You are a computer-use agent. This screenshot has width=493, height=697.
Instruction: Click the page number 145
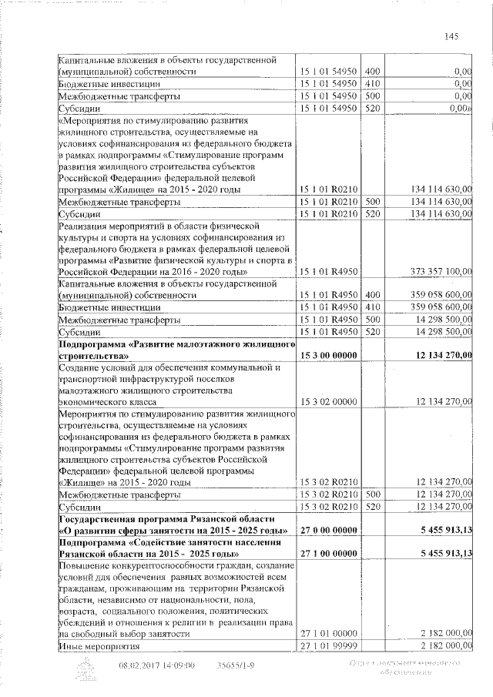452,35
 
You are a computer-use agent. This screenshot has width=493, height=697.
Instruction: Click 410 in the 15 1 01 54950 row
374,83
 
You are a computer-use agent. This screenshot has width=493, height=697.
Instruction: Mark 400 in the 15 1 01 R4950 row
374,294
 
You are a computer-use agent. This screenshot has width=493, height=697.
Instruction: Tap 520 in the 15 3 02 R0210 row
374,506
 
